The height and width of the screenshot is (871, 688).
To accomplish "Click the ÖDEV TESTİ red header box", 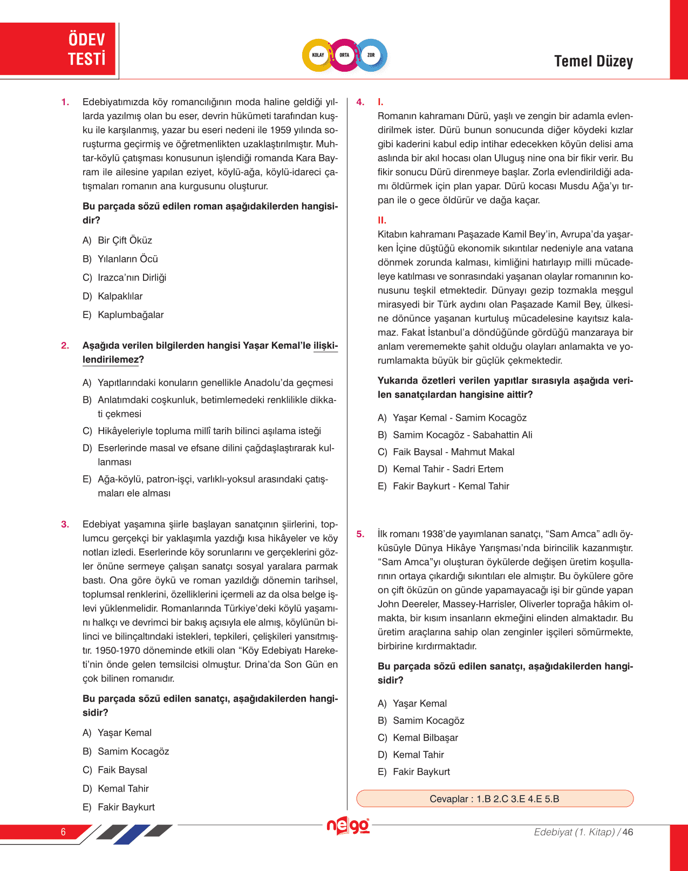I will click(x=58, y=49).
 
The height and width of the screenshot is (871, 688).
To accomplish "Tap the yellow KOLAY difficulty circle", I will click(x=318, y=55).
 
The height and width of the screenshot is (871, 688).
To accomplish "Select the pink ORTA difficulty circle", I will click(x=344, y=55).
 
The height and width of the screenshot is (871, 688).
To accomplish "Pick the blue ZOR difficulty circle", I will click(x=371, y=55).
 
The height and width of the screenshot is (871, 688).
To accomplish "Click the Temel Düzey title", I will click(x=593, y=61).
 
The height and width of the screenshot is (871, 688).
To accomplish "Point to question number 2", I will click(x=65, y=346).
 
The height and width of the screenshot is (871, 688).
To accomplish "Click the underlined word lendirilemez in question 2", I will click(x=111, y=360).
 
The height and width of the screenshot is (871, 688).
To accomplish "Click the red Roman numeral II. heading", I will click(x=382, y=220).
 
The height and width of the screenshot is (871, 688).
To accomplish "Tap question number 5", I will click(x=360, y=534).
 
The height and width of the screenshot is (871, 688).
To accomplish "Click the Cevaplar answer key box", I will click(x=494, y=799).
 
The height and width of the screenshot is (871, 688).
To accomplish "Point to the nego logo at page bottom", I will click(x=348, y=826).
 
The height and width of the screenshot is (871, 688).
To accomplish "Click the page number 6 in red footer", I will click(x=63, y=832).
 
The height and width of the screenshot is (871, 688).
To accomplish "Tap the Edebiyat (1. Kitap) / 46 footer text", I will click(x=583, y=832).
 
